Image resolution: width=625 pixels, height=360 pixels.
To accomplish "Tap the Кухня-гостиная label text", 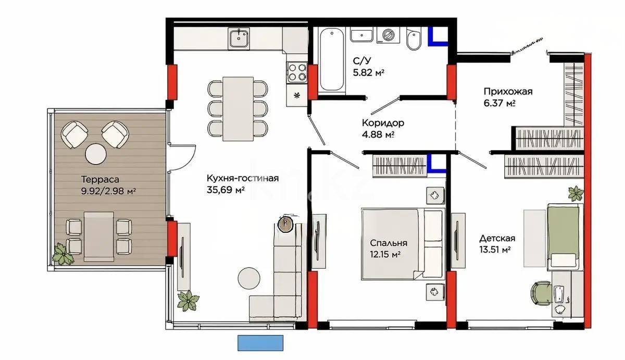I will point(242,178).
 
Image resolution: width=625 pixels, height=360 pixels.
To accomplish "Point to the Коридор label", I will point(383,123).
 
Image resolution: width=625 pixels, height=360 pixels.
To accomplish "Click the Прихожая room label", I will point(508,92).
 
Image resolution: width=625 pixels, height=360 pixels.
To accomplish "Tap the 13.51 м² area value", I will point(494,250).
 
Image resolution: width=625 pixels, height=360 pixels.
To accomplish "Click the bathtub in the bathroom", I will point(332,60).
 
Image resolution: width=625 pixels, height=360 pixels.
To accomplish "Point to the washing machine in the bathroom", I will point(388,35).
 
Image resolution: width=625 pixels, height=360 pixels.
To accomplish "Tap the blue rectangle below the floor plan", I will point(261,343).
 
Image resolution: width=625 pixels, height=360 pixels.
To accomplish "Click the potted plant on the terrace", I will point(63,254).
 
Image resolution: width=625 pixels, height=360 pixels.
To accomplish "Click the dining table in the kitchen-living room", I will point(237,108).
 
